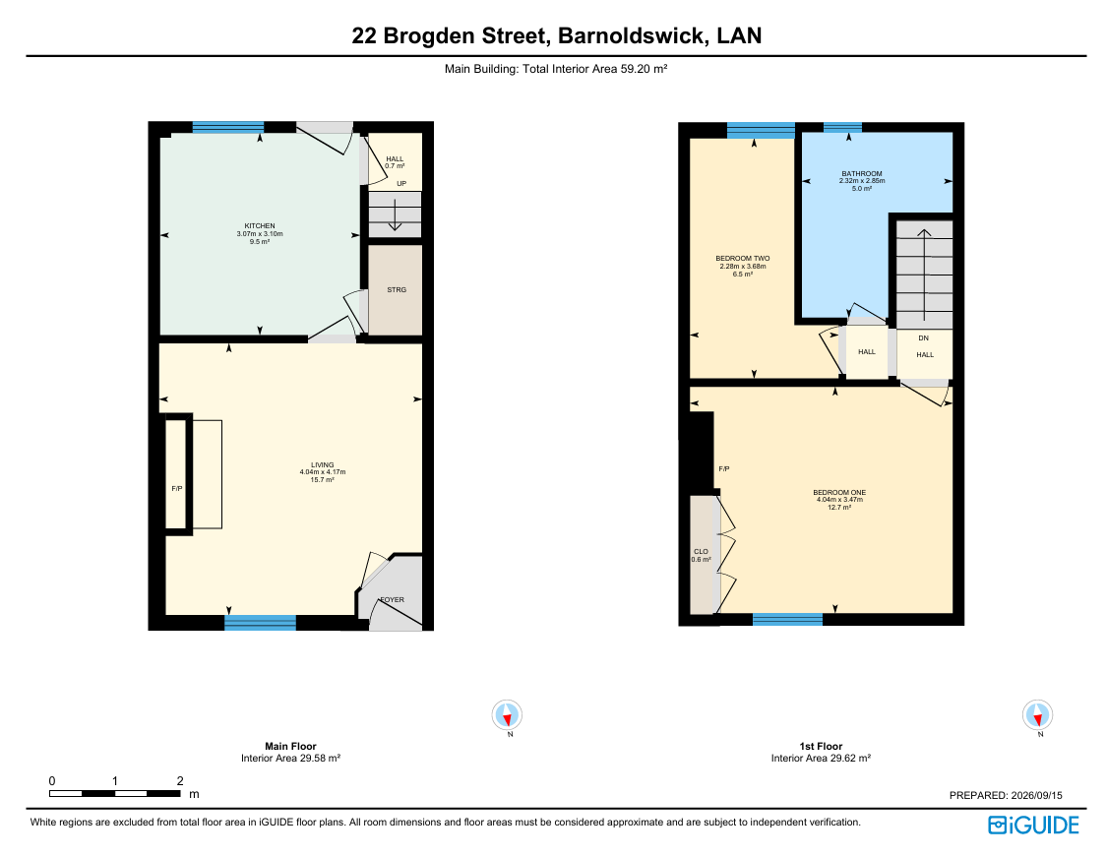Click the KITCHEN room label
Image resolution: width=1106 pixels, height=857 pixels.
260,225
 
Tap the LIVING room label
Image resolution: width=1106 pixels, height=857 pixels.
323,464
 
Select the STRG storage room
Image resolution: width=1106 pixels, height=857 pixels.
396,290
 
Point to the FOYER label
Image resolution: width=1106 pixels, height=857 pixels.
393,600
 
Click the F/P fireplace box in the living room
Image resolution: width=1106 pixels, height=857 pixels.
177,473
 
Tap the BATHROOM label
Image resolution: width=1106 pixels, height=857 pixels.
862,173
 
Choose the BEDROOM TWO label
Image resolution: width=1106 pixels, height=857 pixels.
743,258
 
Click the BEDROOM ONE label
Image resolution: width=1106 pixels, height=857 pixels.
839,492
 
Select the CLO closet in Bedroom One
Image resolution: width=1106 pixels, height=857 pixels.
703,555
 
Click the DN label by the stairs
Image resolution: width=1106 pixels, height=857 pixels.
923,337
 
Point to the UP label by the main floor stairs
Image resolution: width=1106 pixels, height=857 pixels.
401,183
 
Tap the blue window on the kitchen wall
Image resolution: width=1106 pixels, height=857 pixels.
228,128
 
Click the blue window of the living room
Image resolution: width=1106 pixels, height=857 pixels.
261,622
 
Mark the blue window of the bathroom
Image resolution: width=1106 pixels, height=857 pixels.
842,128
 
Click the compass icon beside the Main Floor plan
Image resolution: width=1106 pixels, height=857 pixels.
507,715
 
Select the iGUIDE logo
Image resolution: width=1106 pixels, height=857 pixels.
1033,825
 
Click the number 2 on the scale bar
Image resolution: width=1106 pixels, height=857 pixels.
180,781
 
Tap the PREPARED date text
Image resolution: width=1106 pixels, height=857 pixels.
1006,795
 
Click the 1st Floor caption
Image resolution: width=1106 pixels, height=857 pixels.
821,746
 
